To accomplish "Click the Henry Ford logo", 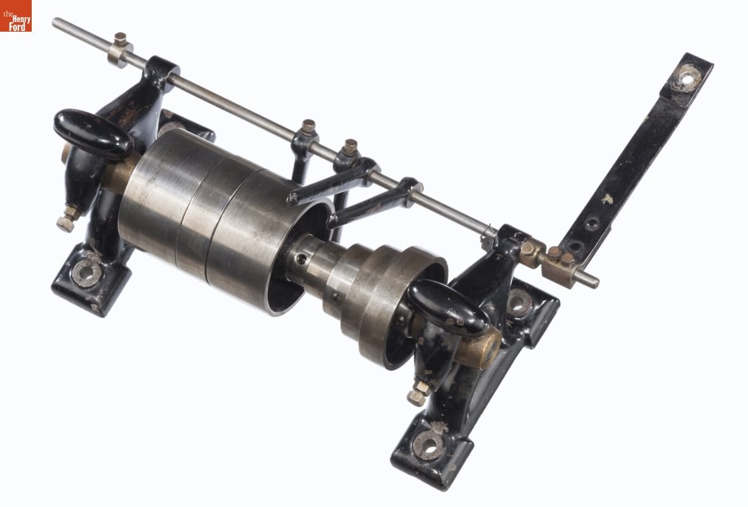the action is pyautogui.click(x=16, y=16).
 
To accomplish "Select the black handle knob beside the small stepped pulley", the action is pyautogui.click(x=449, y=308).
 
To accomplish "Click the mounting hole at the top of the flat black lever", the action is pyautogui.click(x=686, y=78).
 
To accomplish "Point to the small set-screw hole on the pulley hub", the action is pyautogui.click(x=301, y=259).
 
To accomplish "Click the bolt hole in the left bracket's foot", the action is pyautogui.click(x=86, y=273).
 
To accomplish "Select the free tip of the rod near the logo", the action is pyautogui.click(x=56, y=22).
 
